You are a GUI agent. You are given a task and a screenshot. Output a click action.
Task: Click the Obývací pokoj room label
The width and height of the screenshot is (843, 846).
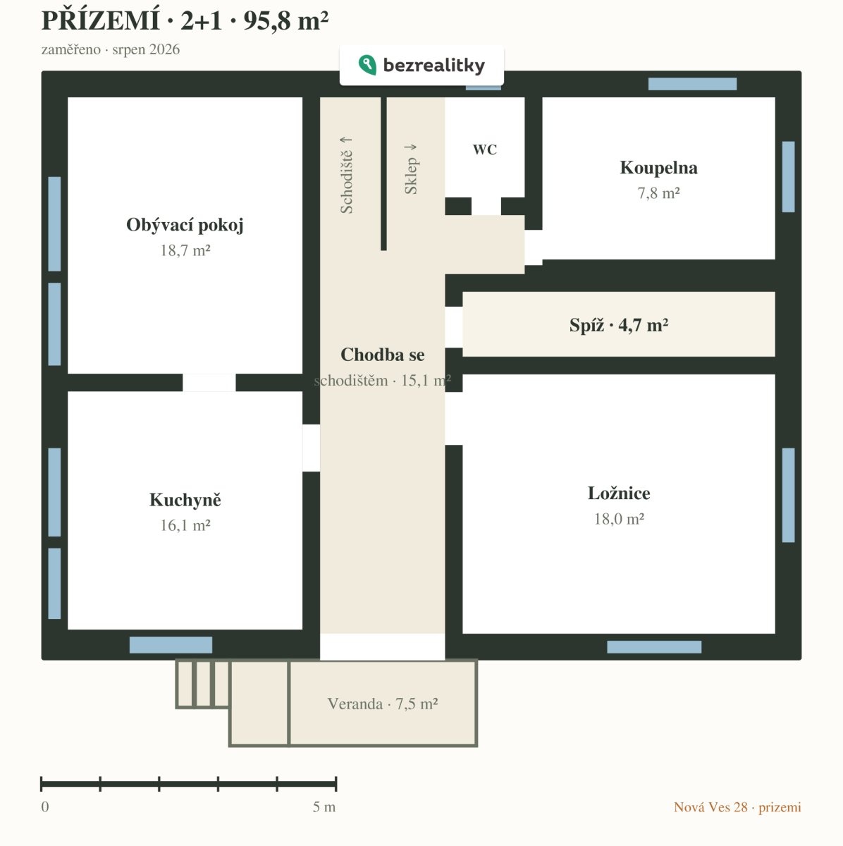[185, 225]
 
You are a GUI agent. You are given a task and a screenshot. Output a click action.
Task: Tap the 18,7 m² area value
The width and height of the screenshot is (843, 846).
[185, 250]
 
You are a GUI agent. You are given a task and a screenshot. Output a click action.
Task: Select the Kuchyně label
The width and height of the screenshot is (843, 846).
[185, 500]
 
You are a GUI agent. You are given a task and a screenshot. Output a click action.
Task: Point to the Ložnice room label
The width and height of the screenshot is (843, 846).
[619, 493]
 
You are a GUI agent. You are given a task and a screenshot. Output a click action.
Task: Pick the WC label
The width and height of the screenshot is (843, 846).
[485, 149]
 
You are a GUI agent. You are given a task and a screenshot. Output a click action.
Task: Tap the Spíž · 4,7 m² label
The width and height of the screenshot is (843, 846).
[619, 325]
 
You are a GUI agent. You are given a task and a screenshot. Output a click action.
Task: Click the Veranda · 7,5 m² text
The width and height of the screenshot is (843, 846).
[383, 704]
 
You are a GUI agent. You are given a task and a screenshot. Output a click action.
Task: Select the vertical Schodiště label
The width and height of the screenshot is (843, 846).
[346, 175]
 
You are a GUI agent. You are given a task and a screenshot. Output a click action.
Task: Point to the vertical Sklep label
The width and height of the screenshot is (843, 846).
[410, 169]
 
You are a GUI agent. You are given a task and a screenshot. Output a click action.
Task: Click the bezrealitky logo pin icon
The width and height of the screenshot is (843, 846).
[367, 65]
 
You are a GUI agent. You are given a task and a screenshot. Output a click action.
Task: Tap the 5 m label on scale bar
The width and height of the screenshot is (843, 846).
[324, 807]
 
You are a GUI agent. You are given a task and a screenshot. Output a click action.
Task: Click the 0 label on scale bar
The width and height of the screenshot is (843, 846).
[45, 807]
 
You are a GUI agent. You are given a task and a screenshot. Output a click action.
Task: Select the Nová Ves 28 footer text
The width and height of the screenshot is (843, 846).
[710, 807]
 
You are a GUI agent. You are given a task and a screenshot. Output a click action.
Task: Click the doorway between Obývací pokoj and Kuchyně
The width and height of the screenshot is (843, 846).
[209, 382]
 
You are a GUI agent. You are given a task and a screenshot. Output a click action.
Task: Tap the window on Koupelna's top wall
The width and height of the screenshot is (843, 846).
[692, 84]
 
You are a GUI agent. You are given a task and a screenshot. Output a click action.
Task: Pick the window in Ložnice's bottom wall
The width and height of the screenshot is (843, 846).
[654, 646]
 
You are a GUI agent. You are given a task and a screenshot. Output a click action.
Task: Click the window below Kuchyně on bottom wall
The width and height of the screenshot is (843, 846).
[171, 645]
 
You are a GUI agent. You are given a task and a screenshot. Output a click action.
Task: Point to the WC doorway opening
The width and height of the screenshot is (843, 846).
[486, 206]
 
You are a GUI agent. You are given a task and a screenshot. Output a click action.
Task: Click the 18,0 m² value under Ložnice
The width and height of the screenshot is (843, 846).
[619, 519]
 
